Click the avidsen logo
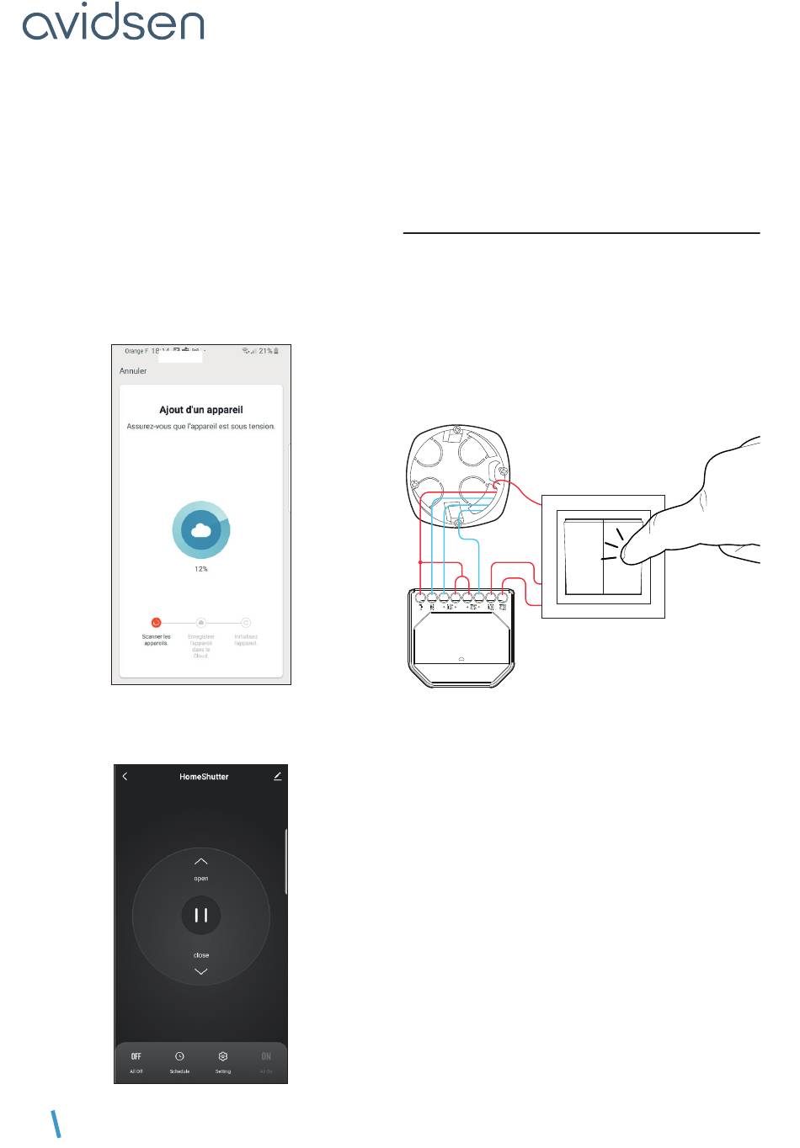point(113,24)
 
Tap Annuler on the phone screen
point(133,370)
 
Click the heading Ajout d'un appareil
point(201,410)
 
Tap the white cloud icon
point(200,530)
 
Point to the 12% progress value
point(200,569)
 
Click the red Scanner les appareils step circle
point(156,623)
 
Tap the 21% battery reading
point(265,351)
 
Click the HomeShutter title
point(204,777)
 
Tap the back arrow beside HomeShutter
point(125,776)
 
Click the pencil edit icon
point(278,776)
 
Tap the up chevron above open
point(200,862)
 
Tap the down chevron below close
point(200,971)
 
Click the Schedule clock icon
point(179,1056)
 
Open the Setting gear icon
point(223,1056)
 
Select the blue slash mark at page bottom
point(57,1124)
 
